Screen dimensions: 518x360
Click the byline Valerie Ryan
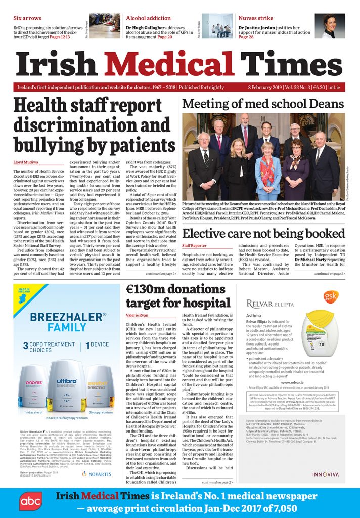tap(138, 315)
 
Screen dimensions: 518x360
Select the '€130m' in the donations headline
tap(148, 290)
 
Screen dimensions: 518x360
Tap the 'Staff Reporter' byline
tap(194, 246)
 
